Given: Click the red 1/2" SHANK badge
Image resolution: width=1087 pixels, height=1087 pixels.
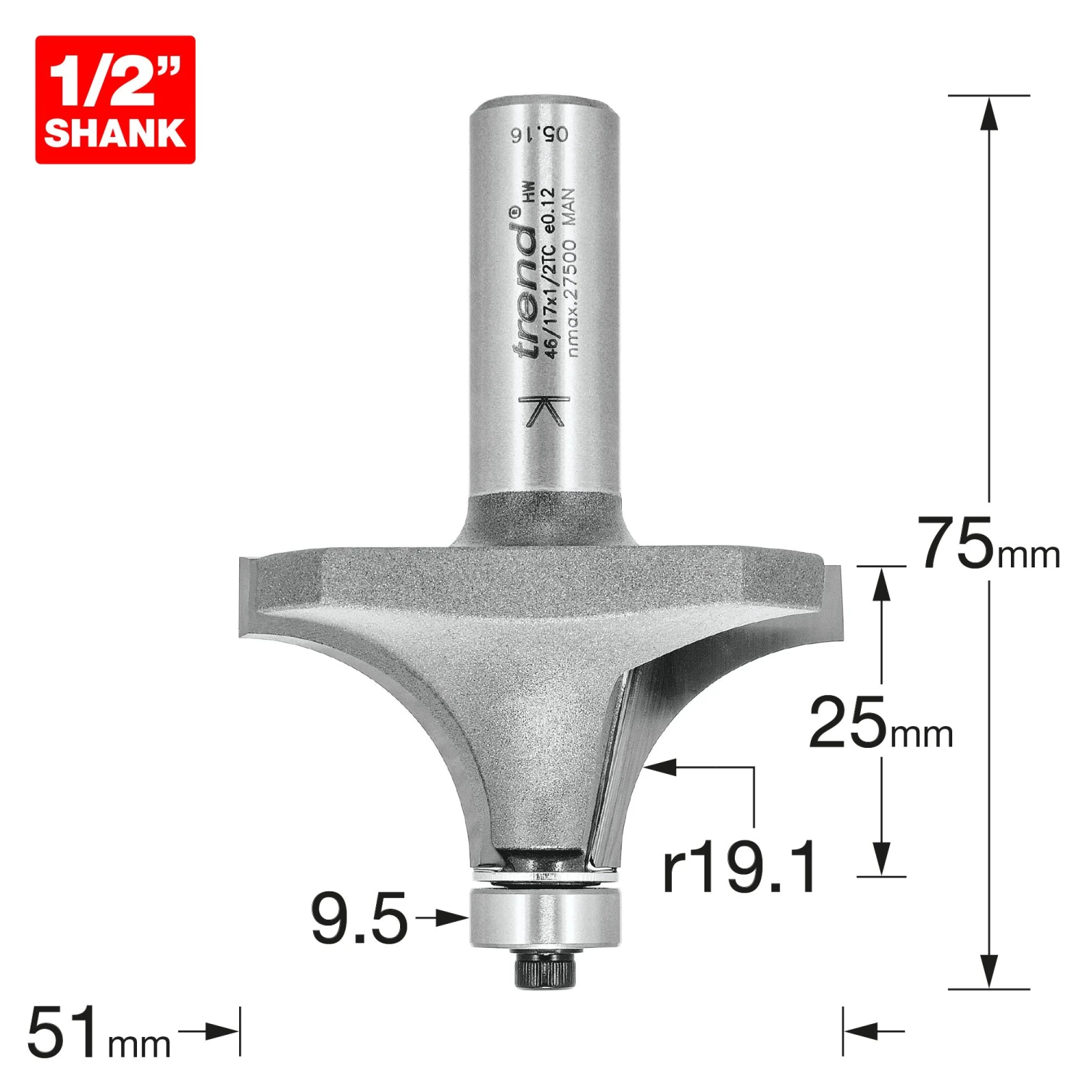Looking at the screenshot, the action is [x=115, y=99].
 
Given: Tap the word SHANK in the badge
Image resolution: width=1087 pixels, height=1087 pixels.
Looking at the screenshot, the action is [x=115, y=133].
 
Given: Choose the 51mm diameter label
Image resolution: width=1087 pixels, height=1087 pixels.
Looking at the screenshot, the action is [x=99, y=1033].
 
